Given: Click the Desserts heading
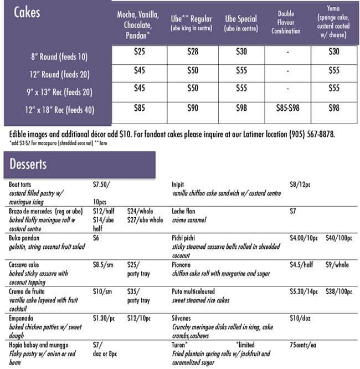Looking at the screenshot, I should (28, 164).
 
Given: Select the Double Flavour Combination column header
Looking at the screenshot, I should (287, 22).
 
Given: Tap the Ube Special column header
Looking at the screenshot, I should (241, 22).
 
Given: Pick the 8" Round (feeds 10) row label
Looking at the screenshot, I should (59, 57).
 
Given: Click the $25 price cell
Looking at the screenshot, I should (140, 52).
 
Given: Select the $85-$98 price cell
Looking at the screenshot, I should (287, 108).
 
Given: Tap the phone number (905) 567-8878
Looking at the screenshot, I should (315, 134).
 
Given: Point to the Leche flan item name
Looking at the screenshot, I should (184, 211).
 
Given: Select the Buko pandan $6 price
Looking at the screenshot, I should (96, 238).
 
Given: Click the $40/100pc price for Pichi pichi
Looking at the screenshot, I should (339, 238).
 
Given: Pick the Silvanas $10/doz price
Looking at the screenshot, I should (301, 317).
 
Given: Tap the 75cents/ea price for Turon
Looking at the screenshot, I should (304, 344).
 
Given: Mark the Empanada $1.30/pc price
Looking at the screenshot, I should (104, 317).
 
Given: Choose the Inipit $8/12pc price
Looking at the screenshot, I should (301, 184).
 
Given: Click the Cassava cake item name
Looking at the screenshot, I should (25, 264).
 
